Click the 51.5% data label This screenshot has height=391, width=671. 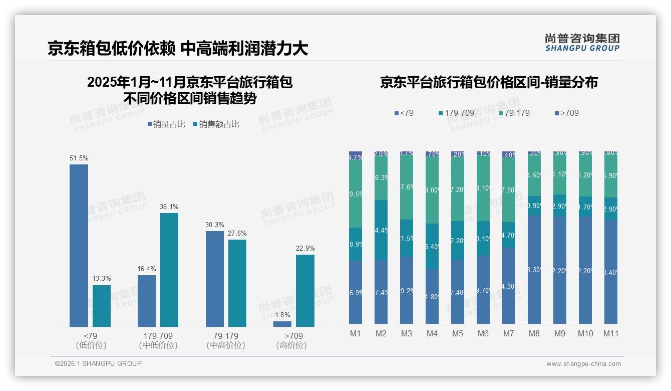coord(79,158)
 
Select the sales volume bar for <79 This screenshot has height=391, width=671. coord(79,246)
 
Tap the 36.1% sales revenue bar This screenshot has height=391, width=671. coord(169,270)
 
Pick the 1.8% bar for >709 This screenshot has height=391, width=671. coord(282,324)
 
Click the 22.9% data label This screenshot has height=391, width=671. coord(305,248)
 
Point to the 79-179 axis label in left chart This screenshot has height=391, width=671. coord(226,336)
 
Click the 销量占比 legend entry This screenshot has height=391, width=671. coord(169,124)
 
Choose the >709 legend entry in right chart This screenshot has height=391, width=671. coord(566,113)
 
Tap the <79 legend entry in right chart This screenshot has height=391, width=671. coord(404,113)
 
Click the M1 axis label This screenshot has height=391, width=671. coord(355,333)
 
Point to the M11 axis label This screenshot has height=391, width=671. coord(610,333)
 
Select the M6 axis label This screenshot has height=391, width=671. coord(483,333)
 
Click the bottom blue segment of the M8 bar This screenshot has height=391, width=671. coord(534,269)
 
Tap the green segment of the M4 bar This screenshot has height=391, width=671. coord(432,190)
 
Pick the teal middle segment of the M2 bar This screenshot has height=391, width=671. coord(381,230)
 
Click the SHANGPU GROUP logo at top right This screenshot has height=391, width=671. coord(582,42)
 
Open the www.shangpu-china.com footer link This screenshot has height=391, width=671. coord(583,364)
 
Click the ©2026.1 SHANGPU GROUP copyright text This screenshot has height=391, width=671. coord(98,363)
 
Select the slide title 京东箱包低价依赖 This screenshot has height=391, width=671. coord(111,48)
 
